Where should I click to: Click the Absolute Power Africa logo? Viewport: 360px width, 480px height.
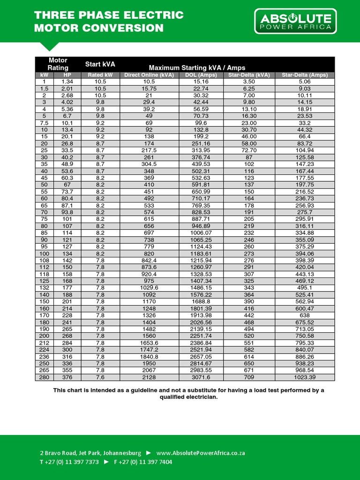coord(295,22)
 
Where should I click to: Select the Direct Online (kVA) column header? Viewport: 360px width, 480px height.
coord(149,75)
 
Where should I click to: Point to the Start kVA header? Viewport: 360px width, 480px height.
coord(100,64)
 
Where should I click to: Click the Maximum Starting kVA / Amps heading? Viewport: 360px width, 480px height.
coord(197,67)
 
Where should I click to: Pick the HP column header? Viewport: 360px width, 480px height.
coord(67,75)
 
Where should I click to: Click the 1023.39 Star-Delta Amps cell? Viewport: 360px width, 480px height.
coord(305,377)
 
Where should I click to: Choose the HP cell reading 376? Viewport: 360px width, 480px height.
coord(67,377)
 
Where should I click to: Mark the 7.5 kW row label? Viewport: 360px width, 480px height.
coord(45,123)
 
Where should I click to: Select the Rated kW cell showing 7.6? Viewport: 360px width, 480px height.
coord(100,377)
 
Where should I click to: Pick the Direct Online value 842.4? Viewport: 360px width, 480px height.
coord(149,260)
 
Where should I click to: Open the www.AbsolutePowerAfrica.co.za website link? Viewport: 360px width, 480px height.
coord(201,453)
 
